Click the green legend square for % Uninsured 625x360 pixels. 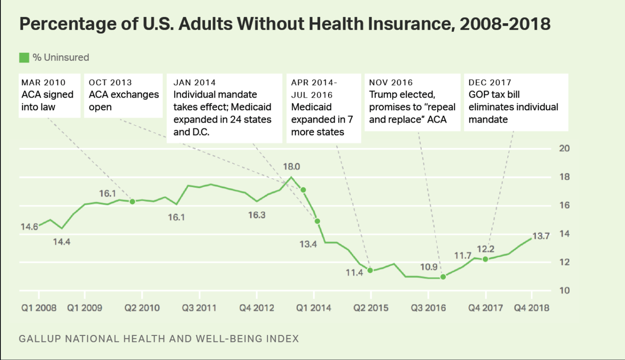[x=24, y=57]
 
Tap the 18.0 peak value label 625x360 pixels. [x=291, y=167]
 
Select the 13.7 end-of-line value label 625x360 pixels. [x=541, y=236]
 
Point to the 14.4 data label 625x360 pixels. [x=62, y=242]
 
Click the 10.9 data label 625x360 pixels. [x=428, y=267]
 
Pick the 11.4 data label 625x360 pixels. [x=354, y=273]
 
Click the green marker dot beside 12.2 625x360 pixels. [x=485, y=259]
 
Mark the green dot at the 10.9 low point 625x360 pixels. [x=443, y=277]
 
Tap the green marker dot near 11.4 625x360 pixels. [x=370, y=271]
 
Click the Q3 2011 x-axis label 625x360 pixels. [x=199, y=308]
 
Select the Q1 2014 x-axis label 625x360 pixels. [x=313, y=308]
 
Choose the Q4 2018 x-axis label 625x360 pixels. [x=531, y=308]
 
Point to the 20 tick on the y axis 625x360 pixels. [x=564, y=148]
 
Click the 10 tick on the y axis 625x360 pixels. [x=564, y=291]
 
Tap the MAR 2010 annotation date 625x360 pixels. [x=43, y=83]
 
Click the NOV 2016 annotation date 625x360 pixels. [x=391, y=83]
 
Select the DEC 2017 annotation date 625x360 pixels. [x=490, y=83]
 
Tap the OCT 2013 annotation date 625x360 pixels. [x=110, y=83]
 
